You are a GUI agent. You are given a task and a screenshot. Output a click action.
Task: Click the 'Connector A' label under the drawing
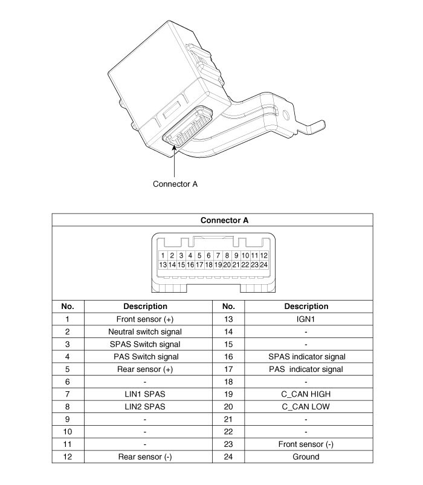(x=175, y=184)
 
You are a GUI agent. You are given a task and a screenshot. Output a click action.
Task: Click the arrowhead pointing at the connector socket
(x=174, y=147)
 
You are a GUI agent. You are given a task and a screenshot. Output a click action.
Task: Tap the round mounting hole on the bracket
(x=286, y=116)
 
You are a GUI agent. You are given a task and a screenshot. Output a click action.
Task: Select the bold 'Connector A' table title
(x=224, y=220)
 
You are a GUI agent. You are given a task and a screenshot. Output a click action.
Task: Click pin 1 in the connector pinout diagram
(x=163, y=255)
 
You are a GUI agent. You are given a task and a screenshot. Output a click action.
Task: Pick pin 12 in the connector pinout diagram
(x=263, y=255)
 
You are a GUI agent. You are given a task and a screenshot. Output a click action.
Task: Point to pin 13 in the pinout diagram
(x=163, y=265)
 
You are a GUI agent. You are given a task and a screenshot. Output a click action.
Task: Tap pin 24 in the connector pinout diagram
(x=263, y=265)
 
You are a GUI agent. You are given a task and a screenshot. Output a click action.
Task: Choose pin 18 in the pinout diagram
(x=208, y=265)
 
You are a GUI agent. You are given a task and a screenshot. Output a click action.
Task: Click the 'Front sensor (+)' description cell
(x=145, y=319)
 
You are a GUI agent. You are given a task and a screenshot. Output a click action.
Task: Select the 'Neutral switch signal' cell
(x=145, y=332)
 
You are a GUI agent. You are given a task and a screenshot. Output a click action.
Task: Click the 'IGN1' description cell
(x=306, y=319)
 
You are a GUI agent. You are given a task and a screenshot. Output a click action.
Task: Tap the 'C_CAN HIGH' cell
(x=306, y=394)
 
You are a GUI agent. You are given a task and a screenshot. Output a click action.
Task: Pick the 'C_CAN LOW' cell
(x=306, y=407)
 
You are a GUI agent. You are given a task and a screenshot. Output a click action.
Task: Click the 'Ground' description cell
(x=306, y=457)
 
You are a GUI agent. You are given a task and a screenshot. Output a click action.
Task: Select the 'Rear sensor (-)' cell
(x=145, y=457)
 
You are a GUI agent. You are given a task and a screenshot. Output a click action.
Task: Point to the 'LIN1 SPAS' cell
(x=145, y=394)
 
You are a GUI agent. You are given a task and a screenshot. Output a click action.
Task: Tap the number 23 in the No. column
(x=228, y=444)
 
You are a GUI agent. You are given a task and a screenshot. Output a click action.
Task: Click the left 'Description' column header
(x=145, y=307)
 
